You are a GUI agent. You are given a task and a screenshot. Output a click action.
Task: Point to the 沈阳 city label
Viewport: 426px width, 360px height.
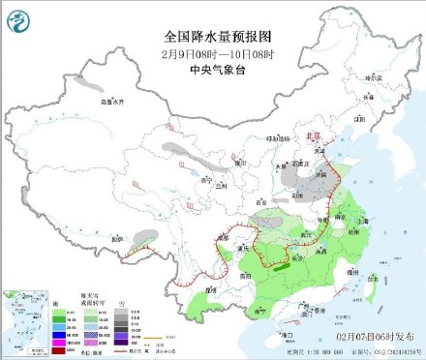359,118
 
